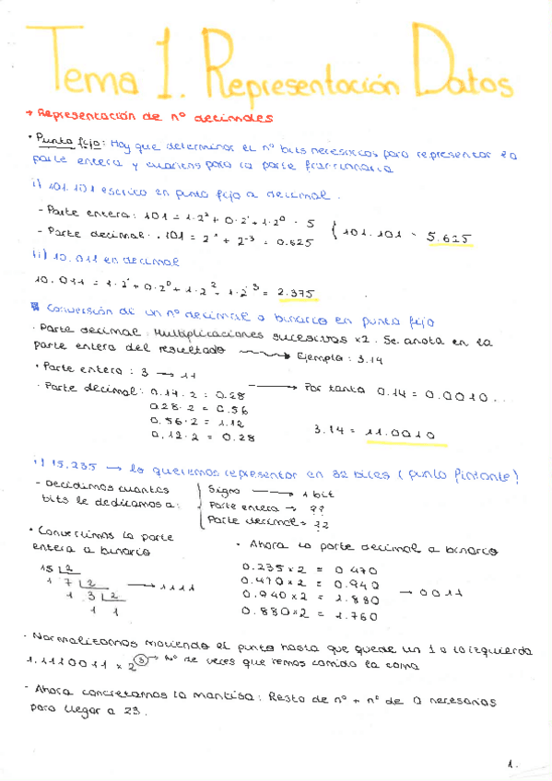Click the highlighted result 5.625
coord(450,239)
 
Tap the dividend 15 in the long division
coord(46,569)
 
